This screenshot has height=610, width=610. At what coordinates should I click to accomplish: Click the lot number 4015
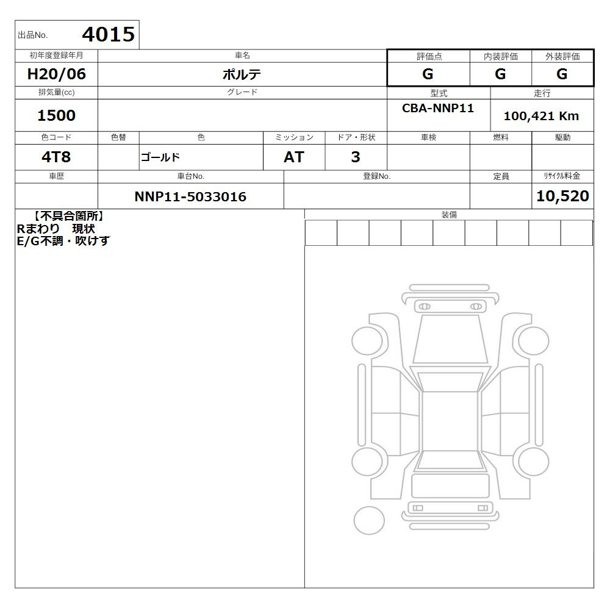109,34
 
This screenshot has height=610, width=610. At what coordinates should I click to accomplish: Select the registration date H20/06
56,74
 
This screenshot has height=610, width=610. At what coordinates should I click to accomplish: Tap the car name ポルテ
242,74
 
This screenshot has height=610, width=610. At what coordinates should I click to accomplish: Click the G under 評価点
428,74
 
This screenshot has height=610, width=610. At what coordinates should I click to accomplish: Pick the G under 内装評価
500,74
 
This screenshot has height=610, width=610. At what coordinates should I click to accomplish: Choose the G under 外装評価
562,74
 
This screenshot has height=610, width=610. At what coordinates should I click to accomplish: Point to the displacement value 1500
56,115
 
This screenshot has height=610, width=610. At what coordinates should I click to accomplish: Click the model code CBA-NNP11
438,108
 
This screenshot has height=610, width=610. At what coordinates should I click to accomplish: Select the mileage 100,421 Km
541,116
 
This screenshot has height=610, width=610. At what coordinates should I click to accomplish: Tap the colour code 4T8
56,157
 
